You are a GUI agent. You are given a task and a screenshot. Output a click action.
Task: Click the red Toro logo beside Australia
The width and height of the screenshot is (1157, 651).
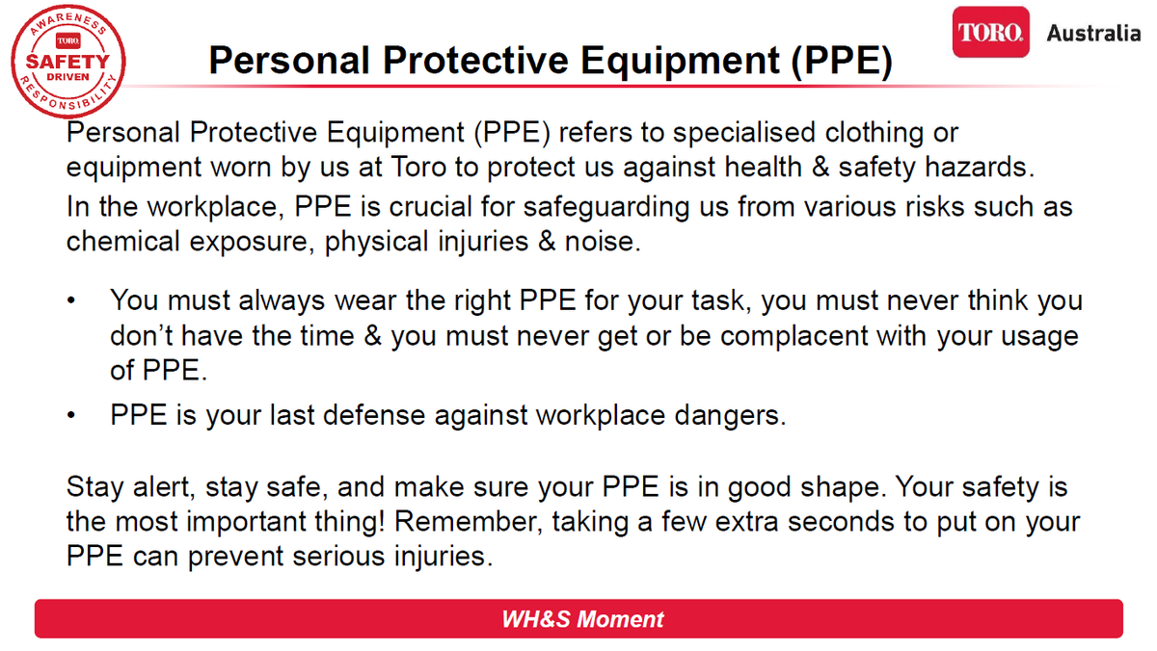point(991,32)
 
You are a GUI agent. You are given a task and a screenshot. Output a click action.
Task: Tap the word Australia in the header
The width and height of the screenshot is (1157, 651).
point(1093,34)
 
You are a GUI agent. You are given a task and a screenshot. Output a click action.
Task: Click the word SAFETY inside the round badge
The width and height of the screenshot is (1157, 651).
point(67,62)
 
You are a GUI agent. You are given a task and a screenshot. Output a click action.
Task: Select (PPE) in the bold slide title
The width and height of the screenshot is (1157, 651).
point(842,61)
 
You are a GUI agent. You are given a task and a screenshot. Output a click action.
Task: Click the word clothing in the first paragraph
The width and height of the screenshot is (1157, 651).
point(874,133)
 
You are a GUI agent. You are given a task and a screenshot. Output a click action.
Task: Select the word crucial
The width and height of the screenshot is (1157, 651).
point(431,207)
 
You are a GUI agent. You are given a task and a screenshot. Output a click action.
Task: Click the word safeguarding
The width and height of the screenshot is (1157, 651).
point(606,208)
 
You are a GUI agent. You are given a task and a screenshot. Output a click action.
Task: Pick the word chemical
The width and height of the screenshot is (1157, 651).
point(123,242)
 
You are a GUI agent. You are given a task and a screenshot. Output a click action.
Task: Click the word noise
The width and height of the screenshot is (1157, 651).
point(603,242)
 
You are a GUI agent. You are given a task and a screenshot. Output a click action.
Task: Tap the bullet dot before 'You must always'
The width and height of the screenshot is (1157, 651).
point(71,300)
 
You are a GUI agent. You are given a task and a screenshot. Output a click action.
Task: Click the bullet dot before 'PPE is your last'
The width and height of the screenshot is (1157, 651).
point(71,415)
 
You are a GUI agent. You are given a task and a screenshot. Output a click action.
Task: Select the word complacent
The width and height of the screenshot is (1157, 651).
point(794,337)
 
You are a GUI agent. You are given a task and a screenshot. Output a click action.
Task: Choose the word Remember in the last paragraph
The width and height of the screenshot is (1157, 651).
point(469,522)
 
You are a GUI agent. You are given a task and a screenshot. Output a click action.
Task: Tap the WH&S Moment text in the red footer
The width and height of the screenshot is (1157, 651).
point(582,619)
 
